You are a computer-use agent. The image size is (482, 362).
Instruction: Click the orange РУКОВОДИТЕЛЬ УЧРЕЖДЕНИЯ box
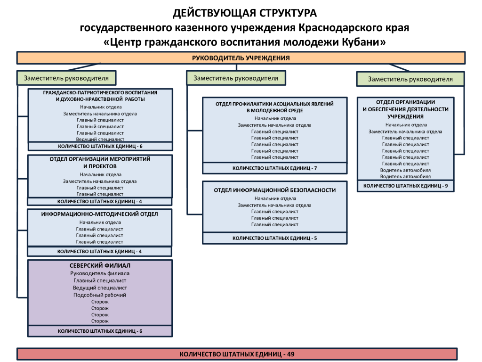click(241, 58)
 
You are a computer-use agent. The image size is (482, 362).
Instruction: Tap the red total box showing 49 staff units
click(237, 354)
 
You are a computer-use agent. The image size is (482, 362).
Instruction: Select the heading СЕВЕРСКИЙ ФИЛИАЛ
click(100, 265)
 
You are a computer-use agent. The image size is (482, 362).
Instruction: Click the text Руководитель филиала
click(100, 273)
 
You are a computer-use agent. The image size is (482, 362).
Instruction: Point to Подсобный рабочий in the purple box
click(100, 295)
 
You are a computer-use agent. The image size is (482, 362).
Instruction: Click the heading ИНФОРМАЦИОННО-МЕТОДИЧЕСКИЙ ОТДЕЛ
click(100, 214)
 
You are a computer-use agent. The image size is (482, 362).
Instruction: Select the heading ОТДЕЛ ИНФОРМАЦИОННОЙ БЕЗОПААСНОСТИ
click(275, 190)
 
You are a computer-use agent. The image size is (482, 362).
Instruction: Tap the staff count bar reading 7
click(275, 168)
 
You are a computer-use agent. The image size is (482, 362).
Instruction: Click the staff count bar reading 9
click(405, 186)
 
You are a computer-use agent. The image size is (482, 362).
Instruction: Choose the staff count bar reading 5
click(275, 238)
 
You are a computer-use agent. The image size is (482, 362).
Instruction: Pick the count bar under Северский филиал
click(100, 331)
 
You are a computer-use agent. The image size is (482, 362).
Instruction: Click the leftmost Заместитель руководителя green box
click(66, 78)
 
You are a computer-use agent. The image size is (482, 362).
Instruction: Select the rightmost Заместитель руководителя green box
click(410, 79)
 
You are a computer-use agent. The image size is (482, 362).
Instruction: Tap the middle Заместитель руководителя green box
click(236, 78)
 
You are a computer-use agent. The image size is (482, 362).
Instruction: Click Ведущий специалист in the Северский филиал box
click(100, 288)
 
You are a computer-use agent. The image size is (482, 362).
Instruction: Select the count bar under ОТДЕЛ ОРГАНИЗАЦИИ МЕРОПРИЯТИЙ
click(100, 202)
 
